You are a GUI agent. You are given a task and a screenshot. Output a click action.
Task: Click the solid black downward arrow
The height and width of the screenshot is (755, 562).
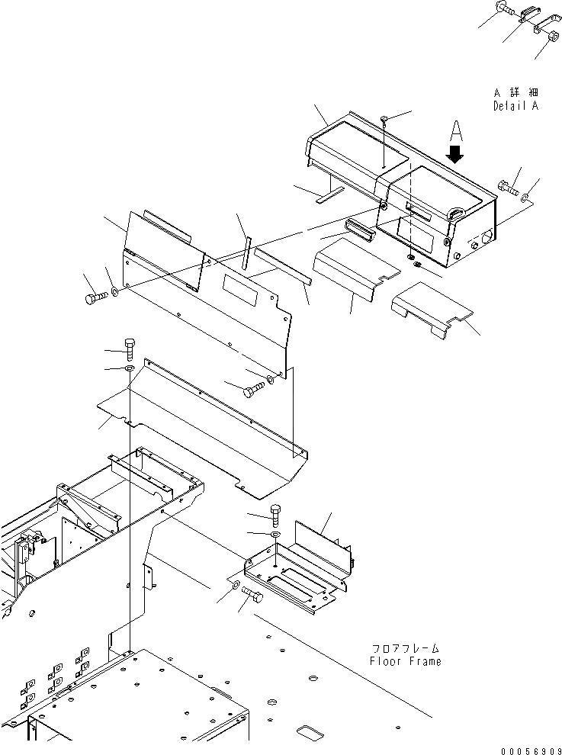coord(456,155)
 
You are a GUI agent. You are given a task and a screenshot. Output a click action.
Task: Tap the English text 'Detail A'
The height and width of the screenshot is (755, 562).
coord(515,106)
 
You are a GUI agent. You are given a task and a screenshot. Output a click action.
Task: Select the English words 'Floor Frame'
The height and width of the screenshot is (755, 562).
coord(405,661)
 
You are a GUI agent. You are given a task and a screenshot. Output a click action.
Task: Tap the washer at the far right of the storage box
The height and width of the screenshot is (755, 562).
coord(528,198)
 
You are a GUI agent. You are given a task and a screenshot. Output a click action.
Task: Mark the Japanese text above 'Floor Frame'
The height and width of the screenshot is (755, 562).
coord(405,647)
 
